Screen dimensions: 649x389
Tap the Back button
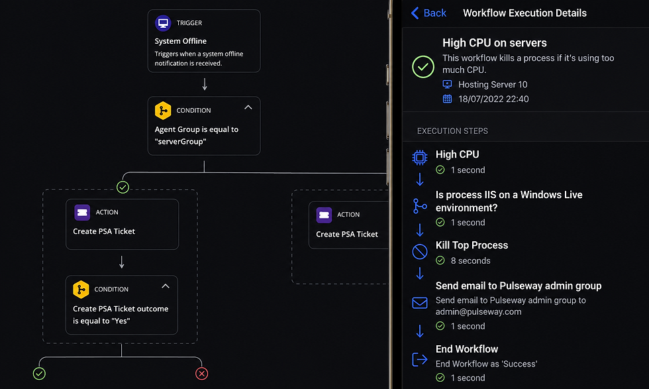(x=428, y=13)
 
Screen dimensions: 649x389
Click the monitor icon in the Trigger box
(x=163, y=23)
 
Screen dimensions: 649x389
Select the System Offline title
(x=180, y=41)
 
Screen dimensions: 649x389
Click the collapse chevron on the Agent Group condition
(x=248, y=107)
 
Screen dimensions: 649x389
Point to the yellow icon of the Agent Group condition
(x=163, y=111)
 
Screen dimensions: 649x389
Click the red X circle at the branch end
(x=201, y=374)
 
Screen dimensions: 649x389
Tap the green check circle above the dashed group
(x=123, y=188)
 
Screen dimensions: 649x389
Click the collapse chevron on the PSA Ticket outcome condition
(x=166, y=286)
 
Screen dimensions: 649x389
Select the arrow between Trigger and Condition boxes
(x=205, y=84)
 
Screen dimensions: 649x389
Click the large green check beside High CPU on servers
(x=423, y=67)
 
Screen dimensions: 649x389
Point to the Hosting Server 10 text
(x=493, y=85)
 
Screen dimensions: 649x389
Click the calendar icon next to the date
(x=448, y=99)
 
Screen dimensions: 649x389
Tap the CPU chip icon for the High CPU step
(x=420, y=158)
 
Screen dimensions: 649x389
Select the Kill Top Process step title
(x=472, y=245)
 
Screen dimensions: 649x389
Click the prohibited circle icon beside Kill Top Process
(x=420, y=251)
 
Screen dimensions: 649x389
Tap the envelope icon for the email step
(x=420, y=303)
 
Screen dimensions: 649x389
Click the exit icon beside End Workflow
(x=420, y=359)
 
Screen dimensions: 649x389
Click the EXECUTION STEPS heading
(x=452, y=131)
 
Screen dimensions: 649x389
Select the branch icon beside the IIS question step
(x=420, y=206)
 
